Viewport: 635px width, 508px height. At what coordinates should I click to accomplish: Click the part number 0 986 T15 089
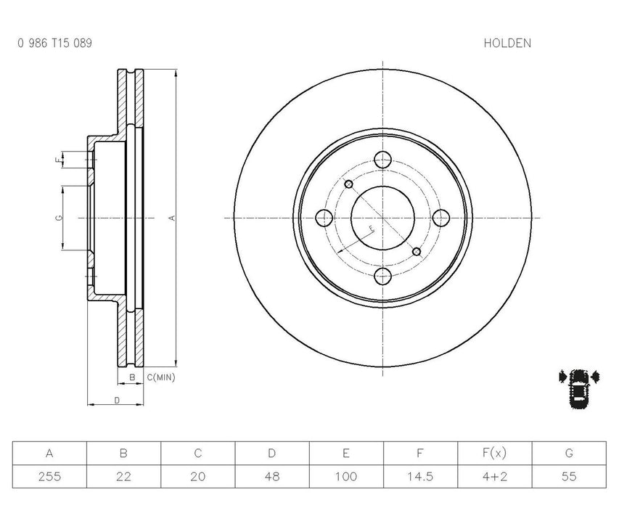pos(54,43)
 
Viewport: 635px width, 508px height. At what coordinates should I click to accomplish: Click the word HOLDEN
pos(507,43)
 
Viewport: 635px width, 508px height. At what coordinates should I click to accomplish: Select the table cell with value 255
pos(49,477)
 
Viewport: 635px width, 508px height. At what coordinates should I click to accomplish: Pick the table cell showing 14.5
pos(420,477)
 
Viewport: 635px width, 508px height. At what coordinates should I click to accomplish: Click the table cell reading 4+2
pos(494,477)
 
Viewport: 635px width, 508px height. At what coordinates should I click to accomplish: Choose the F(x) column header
pos(494,454)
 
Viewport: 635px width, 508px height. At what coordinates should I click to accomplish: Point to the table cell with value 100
pos(346,477)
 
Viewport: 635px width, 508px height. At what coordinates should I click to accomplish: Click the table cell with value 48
pos(271,477)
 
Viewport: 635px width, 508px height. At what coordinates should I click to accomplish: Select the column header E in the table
pos(346,454)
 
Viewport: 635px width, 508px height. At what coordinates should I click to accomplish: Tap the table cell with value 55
pos(569,477)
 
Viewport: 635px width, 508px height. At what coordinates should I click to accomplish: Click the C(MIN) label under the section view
pos(160,377)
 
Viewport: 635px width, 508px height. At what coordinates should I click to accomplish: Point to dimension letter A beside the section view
pos(171,218)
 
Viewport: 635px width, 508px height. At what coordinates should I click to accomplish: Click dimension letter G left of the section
pos(58,218)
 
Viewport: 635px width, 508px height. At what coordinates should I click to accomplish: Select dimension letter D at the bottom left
pos(116,400)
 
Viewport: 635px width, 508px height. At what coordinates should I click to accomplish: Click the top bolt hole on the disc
pos(383,159)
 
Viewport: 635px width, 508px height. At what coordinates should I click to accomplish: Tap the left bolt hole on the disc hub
pos(324,218)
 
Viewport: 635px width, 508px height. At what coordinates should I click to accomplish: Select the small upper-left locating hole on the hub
pos(349,184)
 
